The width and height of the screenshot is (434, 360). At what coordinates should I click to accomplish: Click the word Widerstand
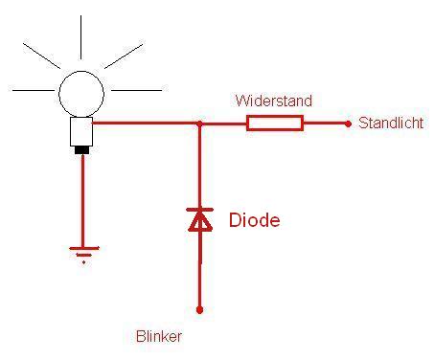click(274, 101)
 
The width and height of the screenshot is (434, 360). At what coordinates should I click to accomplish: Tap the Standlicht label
click(391, 124)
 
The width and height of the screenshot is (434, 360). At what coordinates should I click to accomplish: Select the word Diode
click(255, 220)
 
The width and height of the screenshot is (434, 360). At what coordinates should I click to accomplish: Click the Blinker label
click(159, 336)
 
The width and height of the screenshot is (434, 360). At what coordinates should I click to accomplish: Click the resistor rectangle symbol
click(275, 124)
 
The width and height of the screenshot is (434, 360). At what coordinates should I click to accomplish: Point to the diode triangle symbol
click(200, 219)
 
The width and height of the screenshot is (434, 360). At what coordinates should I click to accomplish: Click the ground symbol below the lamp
click(84, 255)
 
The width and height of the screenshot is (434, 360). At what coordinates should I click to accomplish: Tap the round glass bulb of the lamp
click(81, 94)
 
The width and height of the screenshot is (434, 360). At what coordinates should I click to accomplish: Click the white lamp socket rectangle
click(81, 131)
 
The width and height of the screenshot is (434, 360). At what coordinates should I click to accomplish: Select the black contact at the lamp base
click(81, 150)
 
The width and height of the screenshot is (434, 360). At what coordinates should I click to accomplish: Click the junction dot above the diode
click(199, 124)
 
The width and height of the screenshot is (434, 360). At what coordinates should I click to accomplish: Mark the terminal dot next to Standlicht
click(348, 124)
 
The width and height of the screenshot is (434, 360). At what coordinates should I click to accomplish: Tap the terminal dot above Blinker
click(199, 309)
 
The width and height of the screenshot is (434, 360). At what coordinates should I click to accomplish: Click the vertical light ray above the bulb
click(80, 37)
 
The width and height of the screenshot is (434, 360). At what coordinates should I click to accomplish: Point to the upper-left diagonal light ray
click(41, 56)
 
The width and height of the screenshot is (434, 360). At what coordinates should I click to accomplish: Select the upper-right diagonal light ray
click(124, 56)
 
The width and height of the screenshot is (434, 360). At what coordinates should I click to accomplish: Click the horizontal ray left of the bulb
click(34, 90)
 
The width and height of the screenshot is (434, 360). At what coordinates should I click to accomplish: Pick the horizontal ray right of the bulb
click(136, 90)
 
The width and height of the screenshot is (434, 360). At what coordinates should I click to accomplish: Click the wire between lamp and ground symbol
click(83, 200)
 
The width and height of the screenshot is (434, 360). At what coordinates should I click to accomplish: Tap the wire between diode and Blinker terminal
click(200, 269)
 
